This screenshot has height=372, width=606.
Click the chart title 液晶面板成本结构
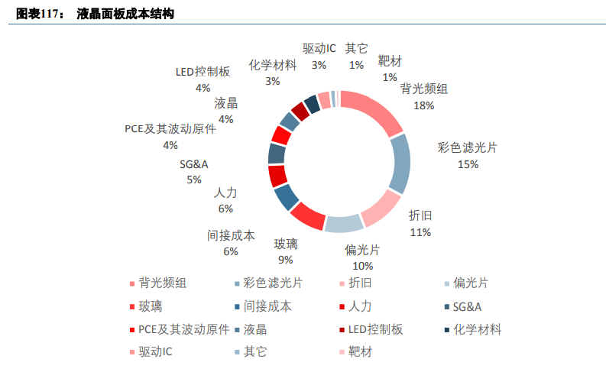coord(125,14)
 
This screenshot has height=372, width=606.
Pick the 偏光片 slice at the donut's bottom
coord(343,223)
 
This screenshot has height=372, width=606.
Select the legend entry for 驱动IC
coord(155,352)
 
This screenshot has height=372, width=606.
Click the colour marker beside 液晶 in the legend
coord(237,330)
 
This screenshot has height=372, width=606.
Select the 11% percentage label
coord(420,231)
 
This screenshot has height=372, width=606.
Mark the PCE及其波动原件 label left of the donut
coord(170,129)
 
